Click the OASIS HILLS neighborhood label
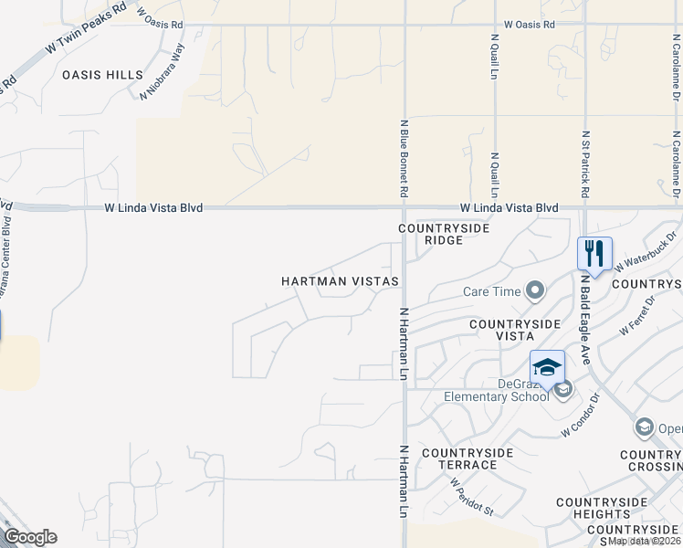point(102,75)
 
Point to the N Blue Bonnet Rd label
point(403,157)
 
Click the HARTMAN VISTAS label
point(340,281)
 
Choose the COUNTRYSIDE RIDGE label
point(443,234)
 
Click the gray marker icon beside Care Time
point(535,291)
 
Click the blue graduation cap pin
point(547,367)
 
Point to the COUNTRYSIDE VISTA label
point(514,331)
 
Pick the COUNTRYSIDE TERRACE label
point(459,458)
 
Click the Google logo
point(30,537)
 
